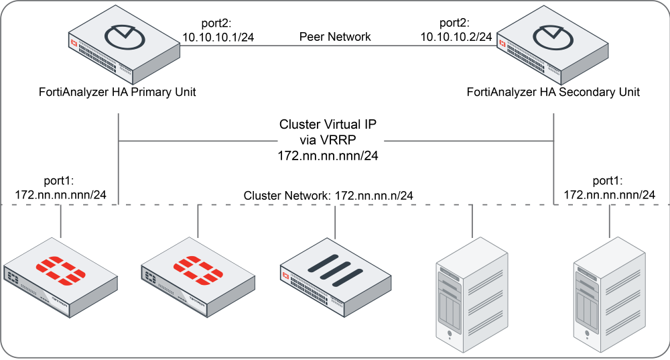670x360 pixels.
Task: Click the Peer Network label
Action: pos(334,37)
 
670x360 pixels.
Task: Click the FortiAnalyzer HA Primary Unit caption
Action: pos(118,92)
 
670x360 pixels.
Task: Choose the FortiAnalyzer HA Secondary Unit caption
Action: pos(553,92)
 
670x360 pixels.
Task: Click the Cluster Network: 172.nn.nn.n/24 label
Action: pos(328,195)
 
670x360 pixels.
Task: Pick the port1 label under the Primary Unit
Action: pos(60,180)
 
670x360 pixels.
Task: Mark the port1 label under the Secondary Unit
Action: pos(609,180)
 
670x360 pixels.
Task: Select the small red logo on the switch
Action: pos(286,276)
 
